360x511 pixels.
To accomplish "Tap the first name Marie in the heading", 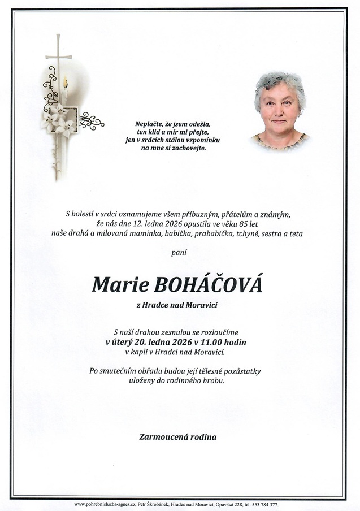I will click(x=116, y=284).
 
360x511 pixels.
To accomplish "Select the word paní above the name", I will click(x=179, y=252).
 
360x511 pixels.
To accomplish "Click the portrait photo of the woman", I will click(x=280, y=110).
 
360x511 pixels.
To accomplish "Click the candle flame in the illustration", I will click(x=66, y=83).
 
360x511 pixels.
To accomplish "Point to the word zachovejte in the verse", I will click(x=188, y=148).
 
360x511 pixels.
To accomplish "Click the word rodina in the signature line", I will click(x=205, y=437).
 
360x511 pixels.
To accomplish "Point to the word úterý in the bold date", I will click(x=125, y=342).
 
